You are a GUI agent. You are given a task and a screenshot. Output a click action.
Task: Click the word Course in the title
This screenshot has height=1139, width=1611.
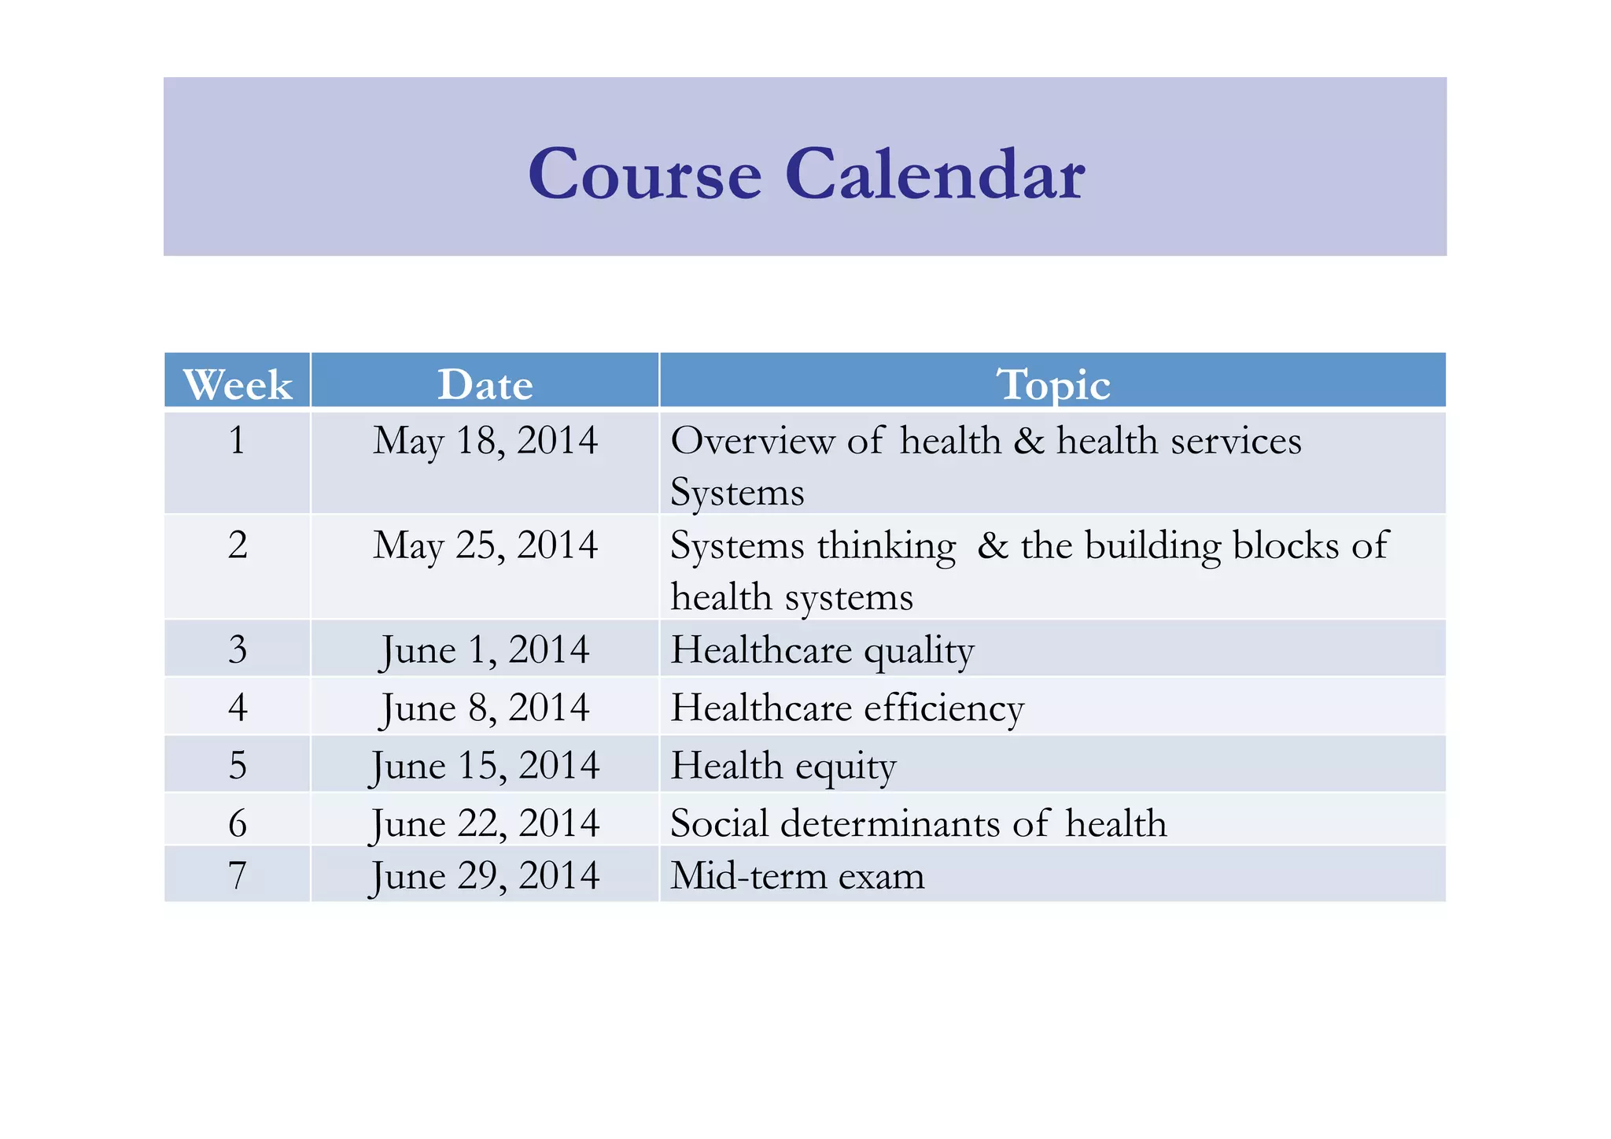(645, 174)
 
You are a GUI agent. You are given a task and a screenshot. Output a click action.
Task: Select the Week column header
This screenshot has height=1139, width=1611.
(238, 384)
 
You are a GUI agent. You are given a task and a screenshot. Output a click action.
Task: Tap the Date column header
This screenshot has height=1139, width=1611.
(485, 384)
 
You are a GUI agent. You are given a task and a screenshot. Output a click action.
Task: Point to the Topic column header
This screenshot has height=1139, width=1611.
(1052, 384)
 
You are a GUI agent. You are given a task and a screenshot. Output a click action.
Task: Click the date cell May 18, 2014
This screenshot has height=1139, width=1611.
(485, 440)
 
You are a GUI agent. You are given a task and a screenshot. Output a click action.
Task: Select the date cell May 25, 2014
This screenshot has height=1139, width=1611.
(485, 545)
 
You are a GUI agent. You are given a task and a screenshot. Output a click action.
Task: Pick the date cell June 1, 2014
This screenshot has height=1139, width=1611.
(485, 650)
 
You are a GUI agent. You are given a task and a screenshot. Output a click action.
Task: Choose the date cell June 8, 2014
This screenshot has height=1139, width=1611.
(485, 708)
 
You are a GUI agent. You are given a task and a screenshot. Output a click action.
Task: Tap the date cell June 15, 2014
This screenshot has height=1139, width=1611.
(485, 765)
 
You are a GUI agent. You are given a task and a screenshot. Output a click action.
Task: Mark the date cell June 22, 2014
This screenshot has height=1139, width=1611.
(485, 823)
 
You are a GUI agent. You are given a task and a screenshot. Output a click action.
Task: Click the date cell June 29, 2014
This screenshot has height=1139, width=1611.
(485, 875)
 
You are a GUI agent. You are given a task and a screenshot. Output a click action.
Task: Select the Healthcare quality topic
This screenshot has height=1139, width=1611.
(822, 650)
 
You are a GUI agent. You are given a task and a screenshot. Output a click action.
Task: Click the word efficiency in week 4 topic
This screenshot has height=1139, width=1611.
(944, 708)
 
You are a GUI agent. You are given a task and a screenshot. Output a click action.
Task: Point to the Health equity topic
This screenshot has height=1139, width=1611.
(783, 765)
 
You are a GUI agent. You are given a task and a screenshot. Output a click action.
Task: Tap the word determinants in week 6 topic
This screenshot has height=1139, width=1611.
(890, 823)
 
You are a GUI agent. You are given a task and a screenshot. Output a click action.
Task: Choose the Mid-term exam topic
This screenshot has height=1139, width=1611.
(797, 875)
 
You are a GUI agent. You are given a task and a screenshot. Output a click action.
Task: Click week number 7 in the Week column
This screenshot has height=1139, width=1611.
(238, 875)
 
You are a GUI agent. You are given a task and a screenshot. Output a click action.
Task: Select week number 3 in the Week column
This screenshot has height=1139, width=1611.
(238, 650)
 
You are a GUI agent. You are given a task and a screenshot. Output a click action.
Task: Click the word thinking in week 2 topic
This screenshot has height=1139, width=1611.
(887, 545)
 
